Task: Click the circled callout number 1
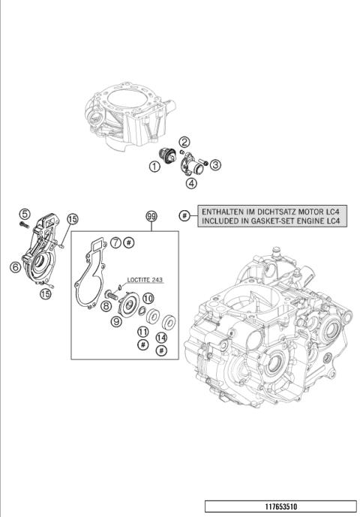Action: [154, 167]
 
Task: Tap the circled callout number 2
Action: [184, 141]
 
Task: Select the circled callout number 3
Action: [214, 164]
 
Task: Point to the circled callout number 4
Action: [192, 182]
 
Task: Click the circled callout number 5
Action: [24, 213]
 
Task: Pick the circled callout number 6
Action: [15, 266]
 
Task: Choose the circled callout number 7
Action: [116, 242]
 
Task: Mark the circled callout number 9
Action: [117, 321]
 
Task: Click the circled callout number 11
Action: [142, 331]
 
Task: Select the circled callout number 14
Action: [161, 338]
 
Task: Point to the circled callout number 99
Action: [151, 216]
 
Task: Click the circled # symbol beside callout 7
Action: [128, 242]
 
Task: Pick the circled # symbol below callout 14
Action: [161, 350]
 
